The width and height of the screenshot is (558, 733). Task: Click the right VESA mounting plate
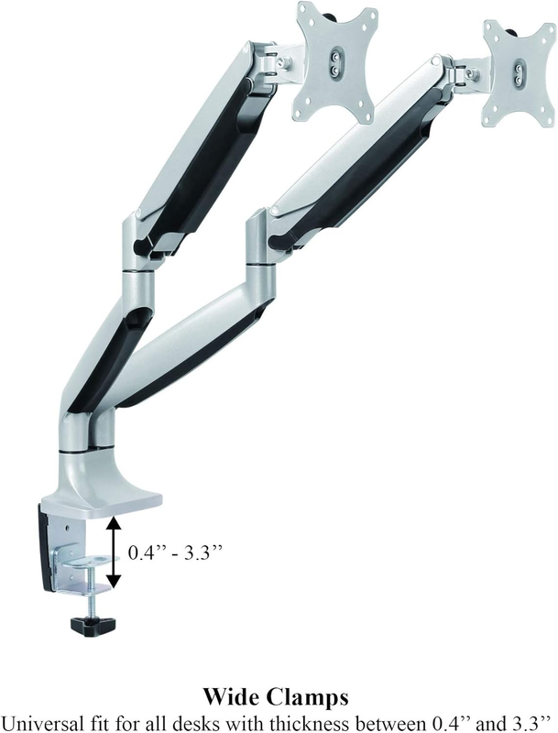point(519,72)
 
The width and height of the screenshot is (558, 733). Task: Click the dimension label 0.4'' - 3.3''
point(174,552)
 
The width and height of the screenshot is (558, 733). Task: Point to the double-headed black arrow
point(113,552)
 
